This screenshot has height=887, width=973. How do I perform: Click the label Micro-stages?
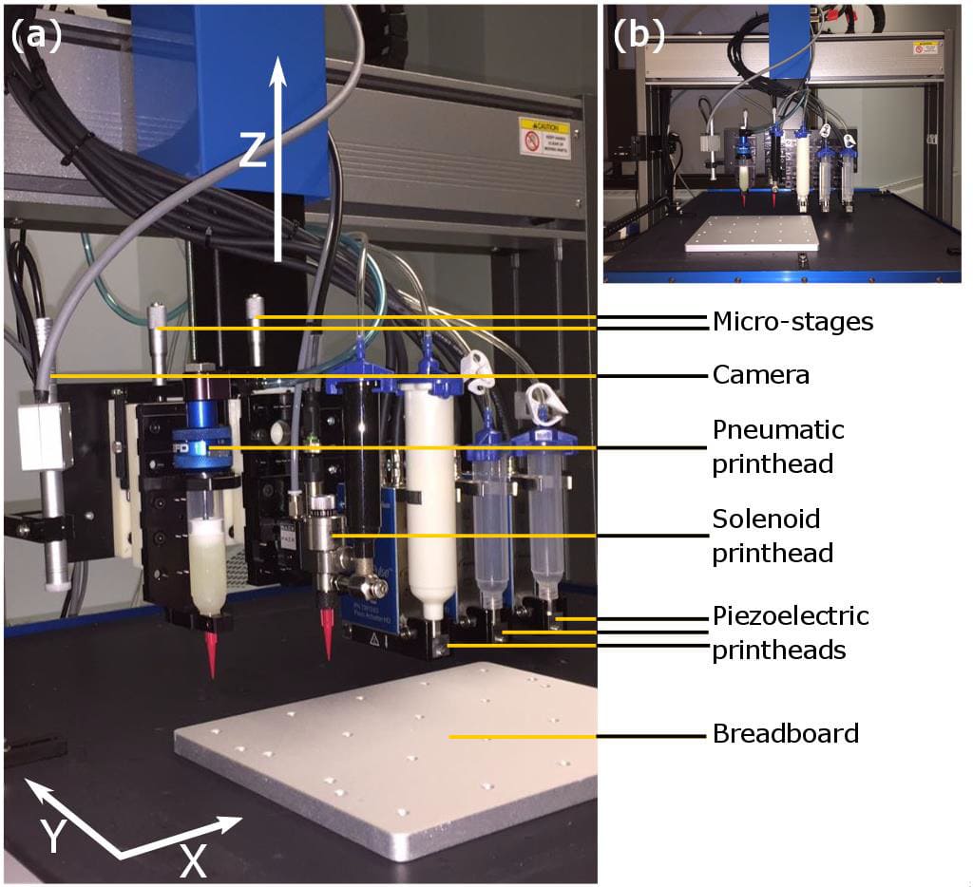(x=792, y=322)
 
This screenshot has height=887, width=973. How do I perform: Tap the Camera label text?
(x=760, y=375)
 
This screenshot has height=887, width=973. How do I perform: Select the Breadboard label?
(x=785, y=734)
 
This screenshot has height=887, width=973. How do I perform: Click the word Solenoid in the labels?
(x=766, y=519)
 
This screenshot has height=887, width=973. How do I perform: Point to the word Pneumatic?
(x=778, y=429)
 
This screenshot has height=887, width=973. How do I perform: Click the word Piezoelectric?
(x=791, y=615)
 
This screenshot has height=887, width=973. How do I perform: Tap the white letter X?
(x=193, y=860)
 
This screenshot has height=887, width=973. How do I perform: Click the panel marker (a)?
(x=36, y=35)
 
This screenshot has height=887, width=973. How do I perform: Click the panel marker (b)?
(x=639, y=35)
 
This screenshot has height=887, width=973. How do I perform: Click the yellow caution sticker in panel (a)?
(x=544, y=138)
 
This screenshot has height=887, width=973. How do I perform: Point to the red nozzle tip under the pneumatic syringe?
(x=211, y=656)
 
